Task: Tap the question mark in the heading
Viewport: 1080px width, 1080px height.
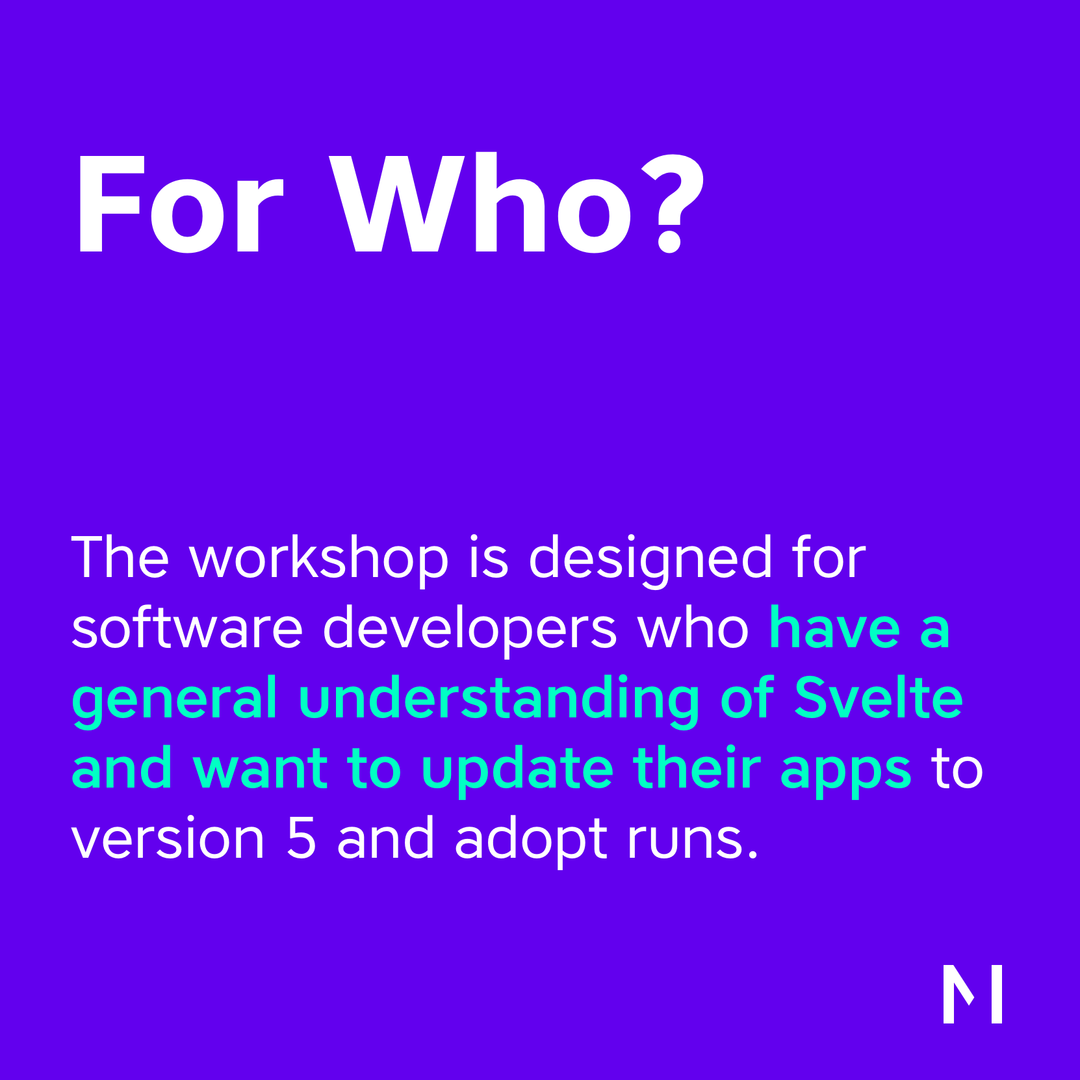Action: click(x=673, y=203)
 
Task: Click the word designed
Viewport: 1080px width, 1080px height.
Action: click(x=650, y=559)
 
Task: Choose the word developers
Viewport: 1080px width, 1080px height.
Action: click(x=469, y=628)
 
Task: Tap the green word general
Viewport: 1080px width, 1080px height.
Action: click(x=175, y=701)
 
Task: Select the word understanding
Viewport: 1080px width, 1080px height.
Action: click(x=499, y=701)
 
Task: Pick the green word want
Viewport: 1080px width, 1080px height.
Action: click(x=260, y=769)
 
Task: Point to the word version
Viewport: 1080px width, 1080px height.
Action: click(x=168, y=838)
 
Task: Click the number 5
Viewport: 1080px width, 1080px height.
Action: click(x=301, y=838)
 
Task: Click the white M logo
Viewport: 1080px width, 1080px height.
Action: click(x=972, y=994)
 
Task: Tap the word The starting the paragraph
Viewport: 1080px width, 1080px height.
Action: click(x=120, y=558)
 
